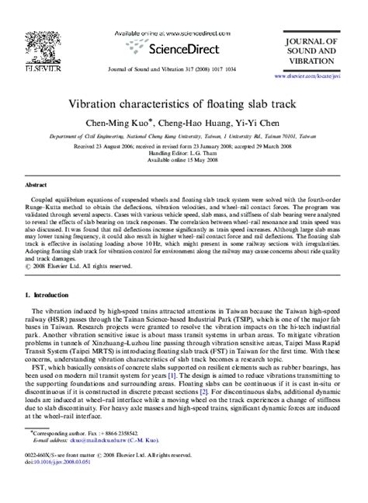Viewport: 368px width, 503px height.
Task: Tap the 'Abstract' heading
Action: tap(36, 186)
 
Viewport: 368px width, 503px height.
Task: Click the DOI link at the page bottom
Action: tap(57, 482)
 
